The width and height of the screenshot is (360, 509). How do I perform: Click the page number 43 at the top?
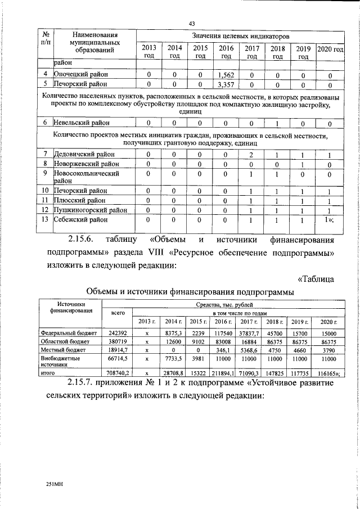coord(191,23)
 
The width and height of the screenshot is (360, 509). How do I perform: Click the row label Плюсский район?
coord(79,200)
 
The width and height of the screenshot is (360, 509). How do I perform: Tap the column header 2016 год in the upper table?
coord(226,52)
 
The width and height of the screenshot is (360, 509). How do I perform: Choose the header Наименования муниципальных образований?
coord(91,42)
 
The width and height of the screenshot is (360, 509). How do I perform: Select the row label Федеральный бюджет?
coord(69,333)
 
